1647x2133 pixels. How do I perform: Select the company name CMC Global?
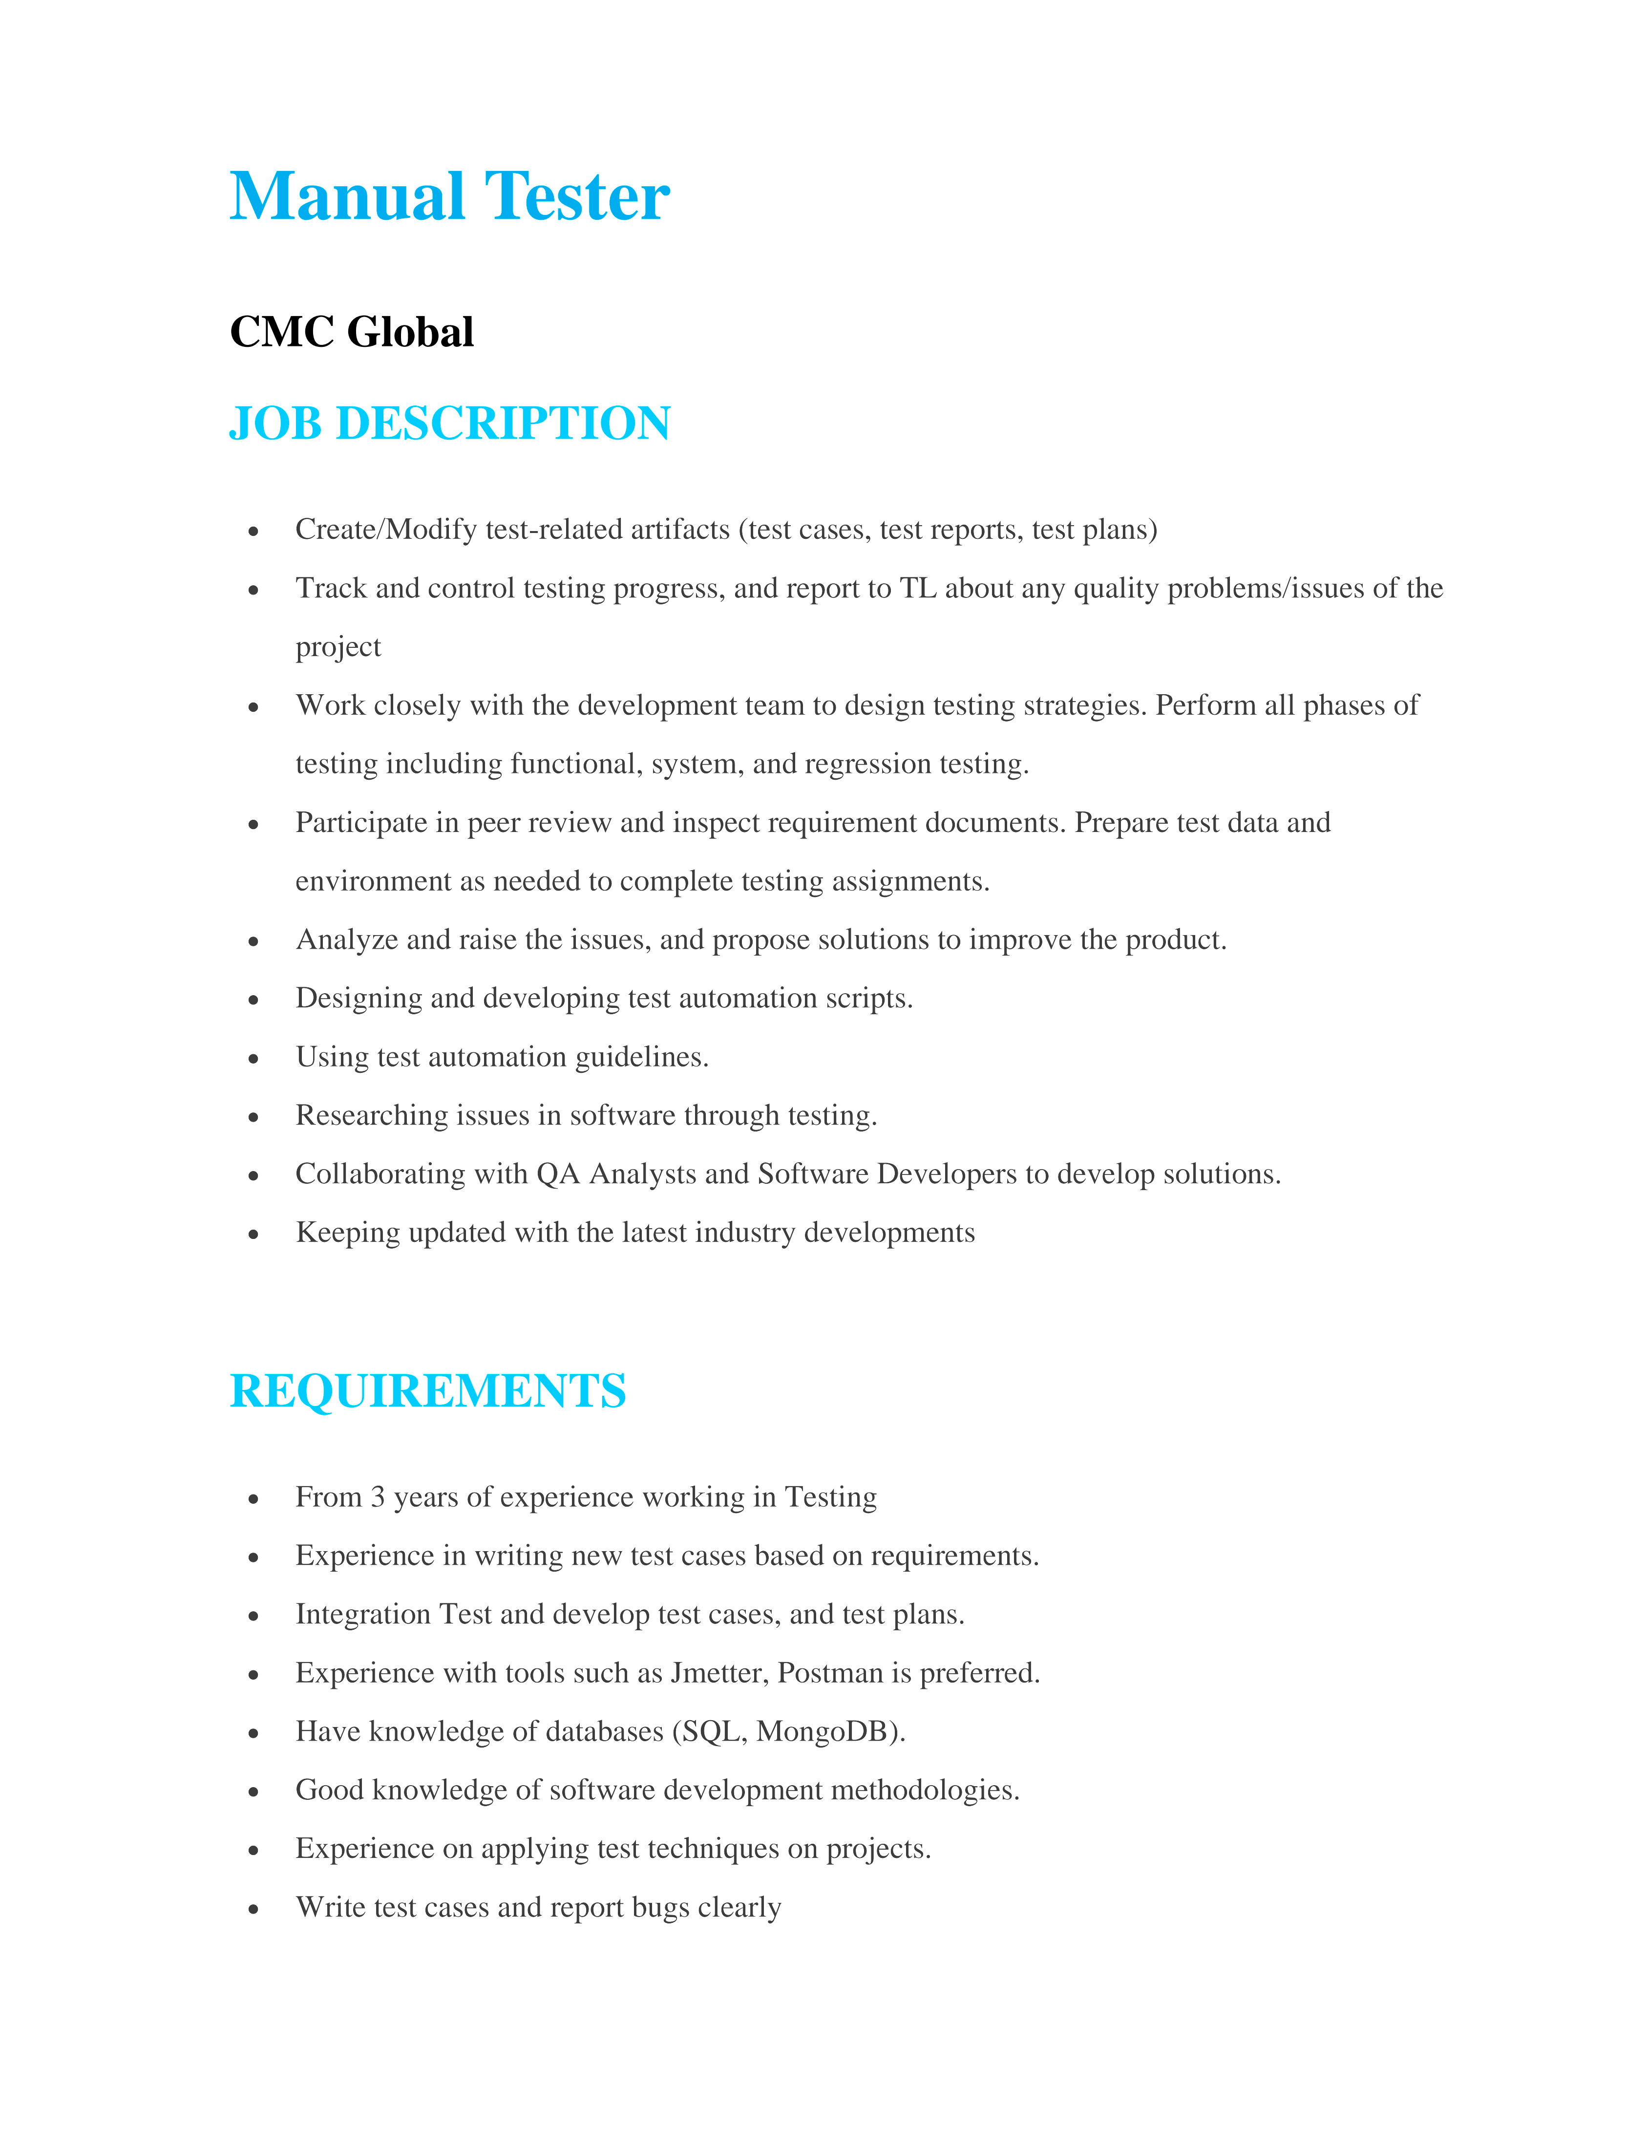[352, 332]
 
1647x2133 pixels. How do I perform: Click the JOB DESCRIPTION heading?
[449, 424]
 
